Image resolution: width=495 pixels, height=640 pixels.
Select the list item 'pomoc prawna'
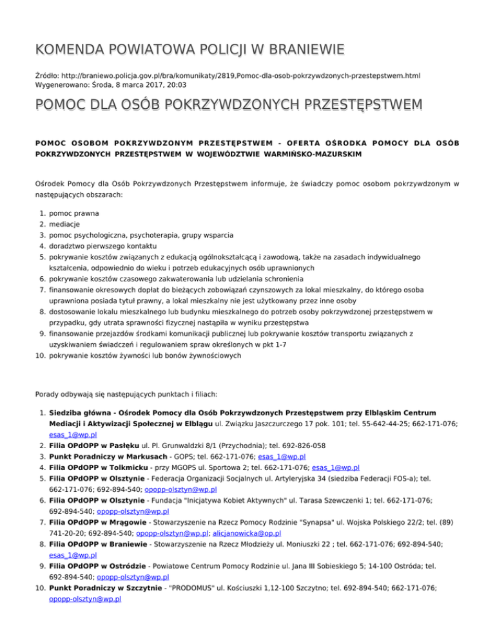coord(74,213)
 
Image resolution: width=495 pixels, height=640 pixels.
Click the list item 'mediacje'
coord(67,224)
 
